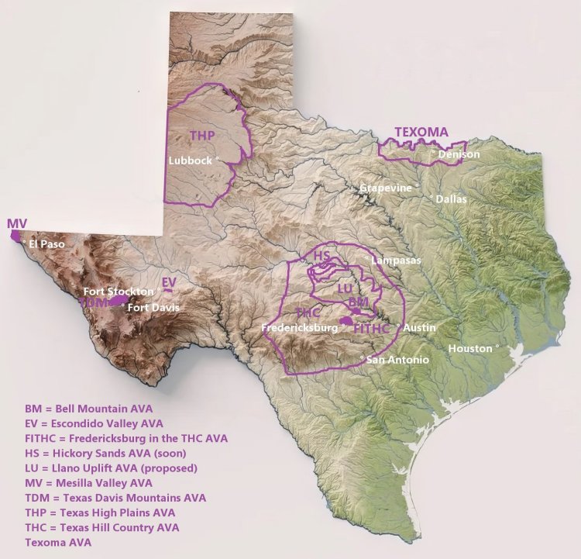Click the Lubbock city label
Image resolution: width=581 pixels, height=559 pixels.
coord(190,160)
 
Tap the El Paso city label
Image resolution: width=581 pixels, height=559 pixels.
coord(47,243)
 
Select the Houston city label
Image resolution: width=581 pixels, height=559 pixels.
coord(470,349)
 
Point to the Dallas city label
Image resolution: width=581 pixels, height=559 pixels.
coord(452,198)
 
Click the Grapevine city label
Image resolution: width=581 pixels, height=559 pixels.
coord(385,188)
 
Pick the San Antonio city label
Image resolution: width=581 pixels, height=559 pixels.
coord(397,360)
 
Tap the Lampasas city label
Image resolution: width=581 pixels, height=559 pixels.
coord(396,260)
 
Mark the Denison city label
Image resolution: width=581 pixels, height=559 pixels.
coord(459,154)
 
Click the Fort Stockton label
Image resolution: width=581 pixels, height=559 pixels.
coord(119,291)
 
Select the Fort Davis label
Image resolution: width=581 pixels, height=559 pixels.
coord(153,308)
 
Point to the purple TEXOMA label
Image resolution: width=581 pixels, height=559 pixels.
coord(421,132)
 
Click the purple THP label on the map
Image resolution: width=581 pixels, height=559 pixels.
coord(201,136)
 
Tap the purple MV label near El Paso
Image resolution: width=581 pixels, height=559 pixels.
coord(17,224)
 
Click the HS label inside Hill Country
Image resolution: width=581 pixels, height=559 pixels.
coord(322,255)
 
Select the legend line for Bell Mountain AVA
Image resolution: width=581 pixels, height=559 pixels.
coord(89,408)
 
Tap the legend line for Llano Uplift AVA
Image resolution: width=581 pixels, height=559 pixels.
coord(112,468)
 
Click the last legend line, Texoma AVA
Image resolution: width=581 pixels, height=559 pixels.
coord(58,543)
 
